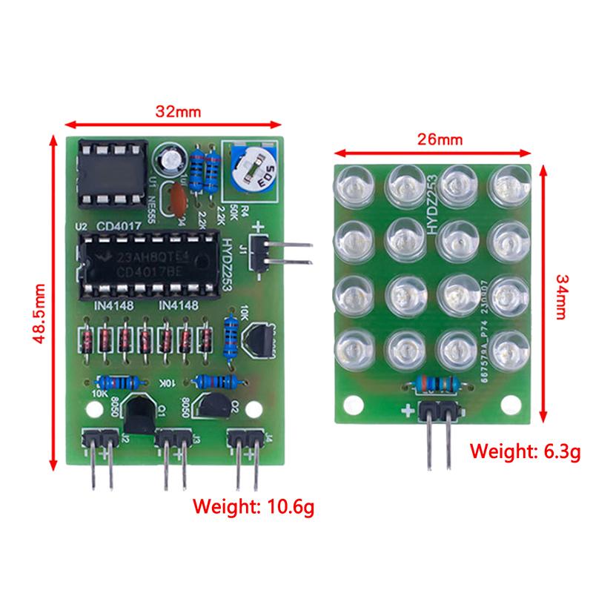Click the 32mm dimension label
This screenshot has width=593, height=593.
point(178,111)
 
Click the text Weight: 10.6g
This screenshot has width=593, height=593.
point(254,507)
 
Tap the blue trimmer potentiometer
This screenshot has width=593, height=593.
point(251,170)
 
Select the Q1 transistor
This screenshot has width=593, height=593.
point(139,412)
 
